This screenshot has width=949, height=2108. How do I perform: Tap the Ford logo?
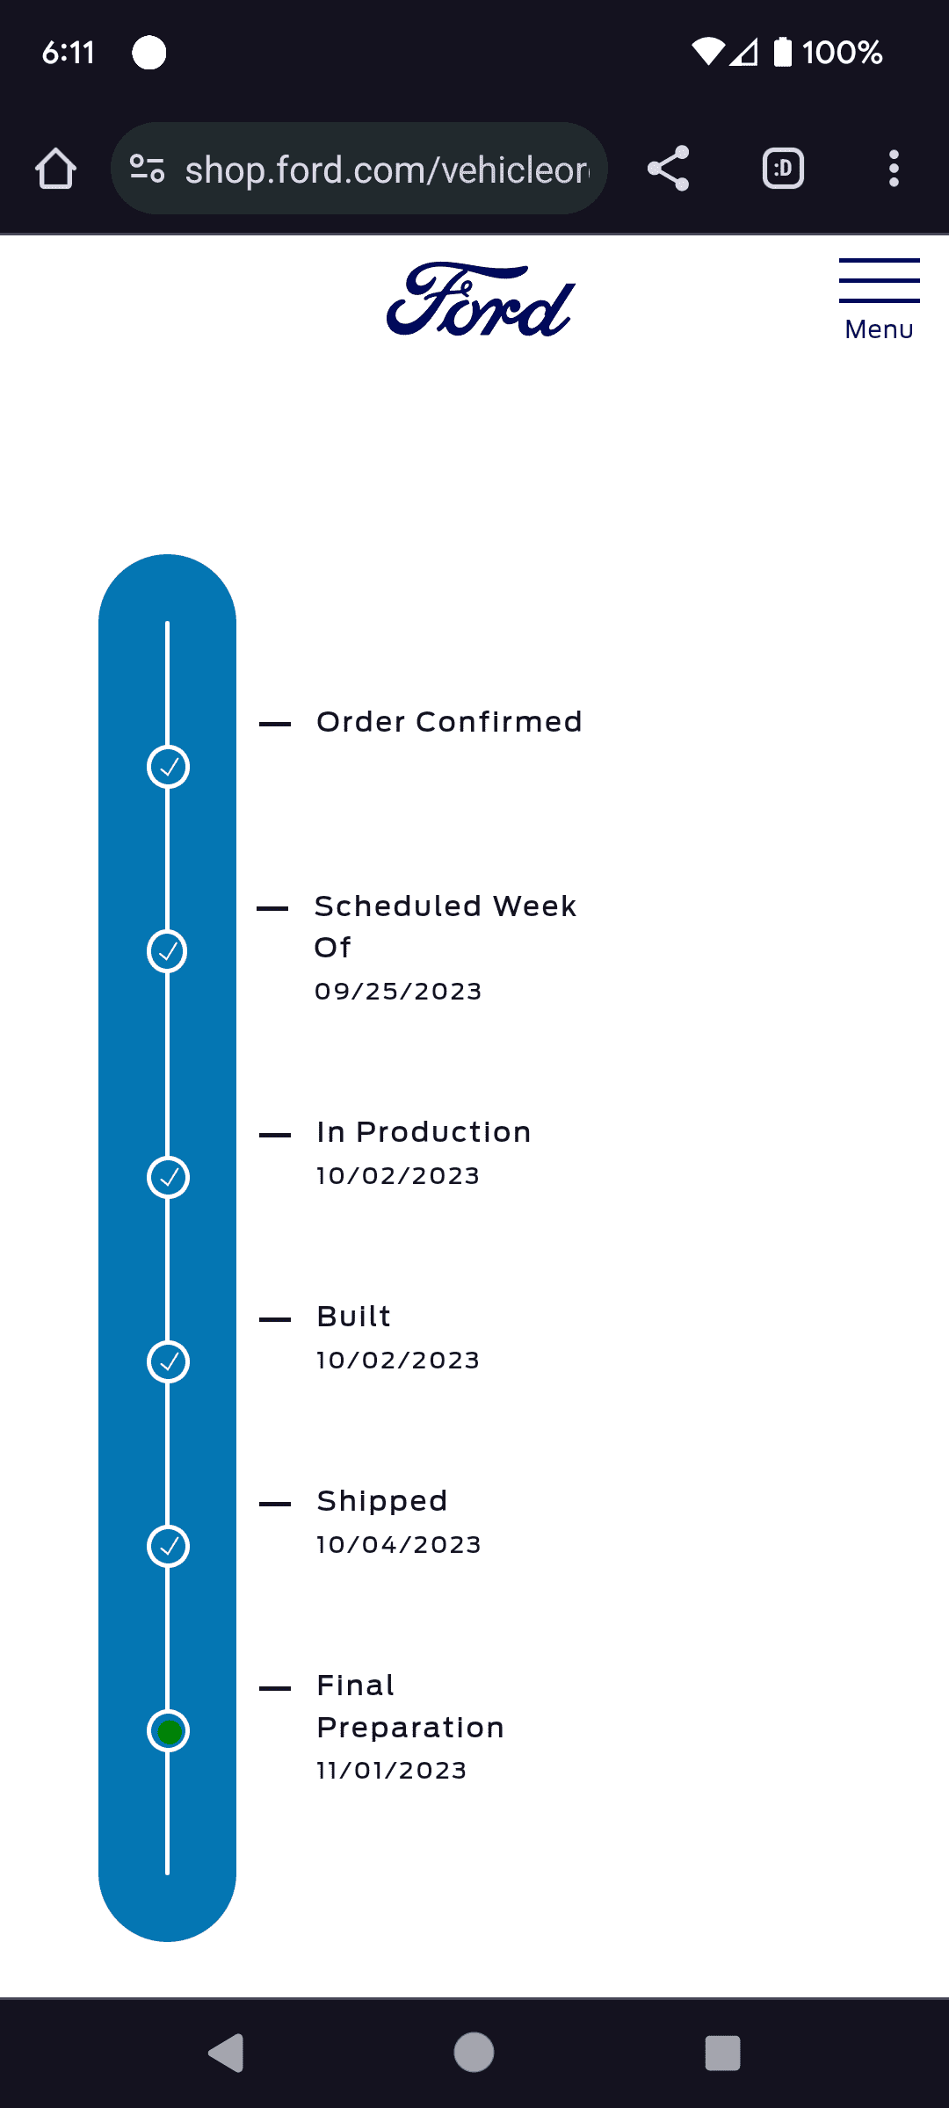pyautogui.click(x=481, y=300)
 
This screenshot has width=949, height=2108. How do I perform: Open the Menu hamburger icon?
pyautogui.click(x=879, y=281)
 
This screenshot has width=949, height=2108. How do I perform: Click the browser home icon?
pyautogui.click(x=55, y=169)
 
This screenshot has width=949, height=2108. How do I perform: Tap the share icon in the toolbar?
pyautogui.click(x=668, y=169)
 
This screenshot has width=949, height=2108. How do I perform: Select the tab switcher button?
pyautogui.click(x=783, y=169)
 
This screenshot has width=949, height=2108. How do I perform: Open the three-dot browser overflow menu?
pyautogui.click(x=894, y=169)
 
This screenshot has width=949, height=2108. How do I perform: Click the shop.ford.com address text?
pyautogui.click(x=387, y=170)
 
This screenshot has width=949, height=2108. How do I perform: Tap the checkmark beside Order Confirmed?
pyautogui.click(x=168, y=767)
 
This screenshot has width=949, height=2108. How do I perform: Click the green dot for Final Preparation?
pyautogui.click(x=168, y=1731)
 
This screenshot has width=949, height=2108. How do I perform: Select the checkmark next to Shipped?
pyautogui.click(x=168, y=1547)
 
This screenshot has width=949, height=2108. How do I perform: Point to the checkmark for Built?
pyautogui.click(x=168, y=1362)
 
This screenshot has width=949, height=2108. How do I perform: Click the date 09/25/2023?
pyautogui.click(x=398, y=992)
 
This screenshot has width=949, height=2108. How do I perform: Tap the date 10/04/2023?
pyautogui.click(x=399, y=1545)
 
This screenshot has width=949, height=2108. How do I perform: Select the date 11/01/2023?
pyautogui.click(x=392, y=1771)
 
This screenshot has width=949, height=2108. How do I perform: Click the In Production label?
pyautogui.click(x=424, y=1132)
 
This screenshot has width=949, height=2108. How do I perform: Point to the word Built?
pyautogui.click(x=353, y=1317)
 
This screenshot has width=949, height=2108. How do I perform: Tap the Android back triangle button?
pyautogui.click(x=226, y=2053)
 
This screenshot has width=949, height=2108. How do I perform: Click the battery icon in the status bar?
pyautogui.click(x=782, y=52)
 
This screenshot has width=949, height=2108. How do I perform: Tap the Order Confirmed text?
pyautogui.click(x=449, y=722)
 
